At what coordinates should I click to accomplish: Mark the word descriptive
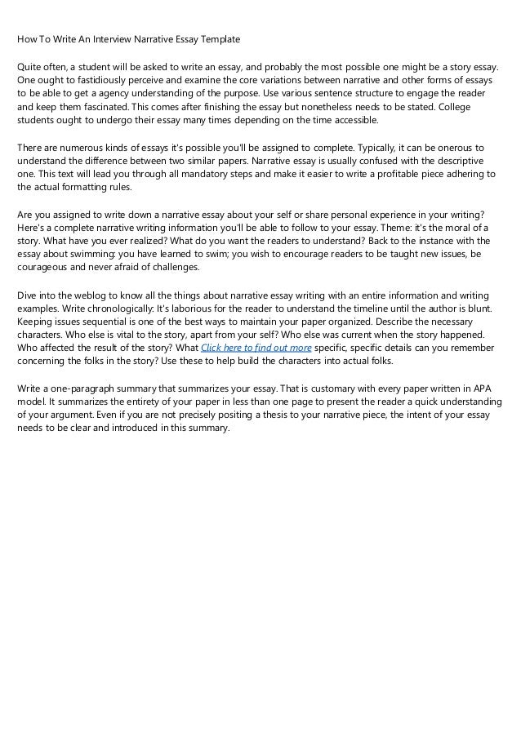tap(461, 160)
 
